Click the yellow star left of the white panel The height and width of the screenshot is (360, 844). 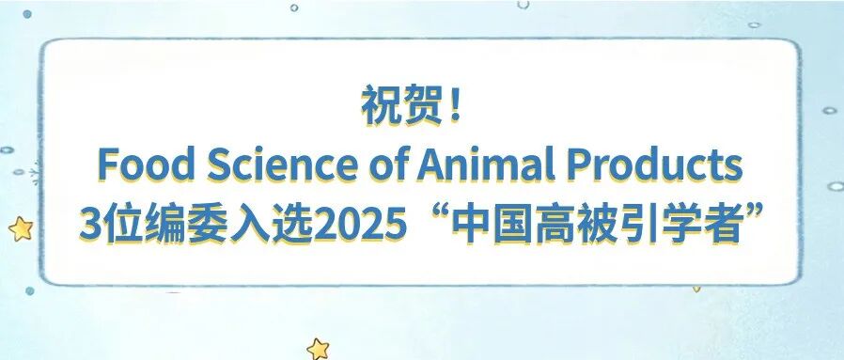coord(20,227)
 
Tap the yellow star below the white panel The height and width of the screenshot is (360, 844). coord(319,348)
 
